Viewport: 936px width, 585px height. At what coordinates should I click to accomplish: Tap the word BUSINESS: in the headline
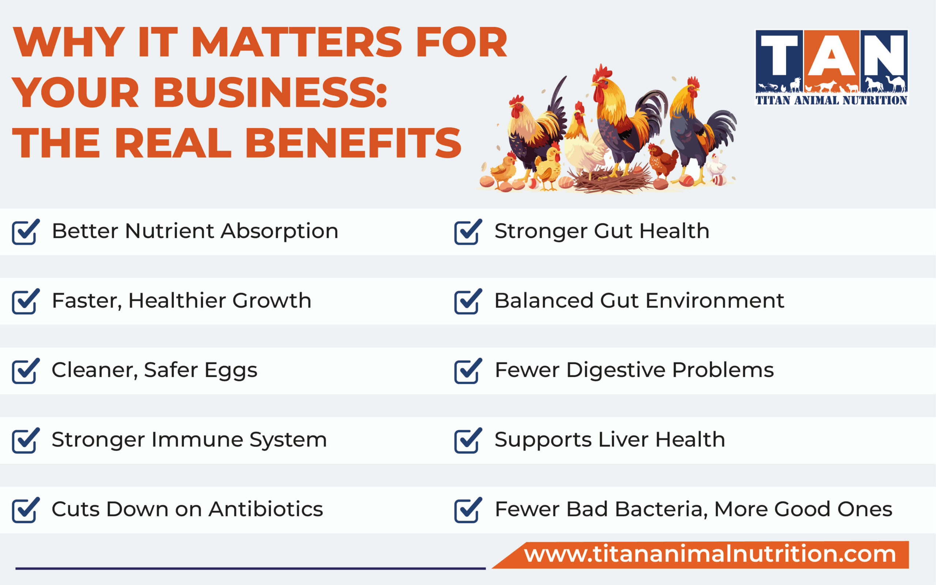tap(270, 93)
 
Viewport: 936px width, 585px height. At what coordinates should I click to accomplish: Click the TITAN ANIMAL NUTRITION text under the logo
tap(831, 101)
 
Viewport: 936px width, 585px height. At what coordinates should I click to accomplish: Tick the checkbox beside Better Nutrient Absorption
tap(24, 233)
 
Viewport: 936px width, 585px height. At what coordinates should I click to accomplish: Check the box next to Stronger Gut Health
tap(467, 233)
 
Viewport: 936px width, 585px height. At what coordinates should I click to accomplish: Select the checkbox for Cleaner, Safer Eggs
tap(24, 371)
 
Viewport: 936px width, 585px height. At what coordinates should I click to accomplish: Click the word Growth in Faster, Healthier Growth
tap(272, 301)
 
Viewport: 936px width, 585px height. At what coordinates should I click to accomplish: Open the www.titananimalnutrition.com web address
tap(710, 554)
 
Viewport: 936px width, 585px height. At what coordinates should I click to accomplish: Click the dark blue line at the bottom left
tap(250, 568)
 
